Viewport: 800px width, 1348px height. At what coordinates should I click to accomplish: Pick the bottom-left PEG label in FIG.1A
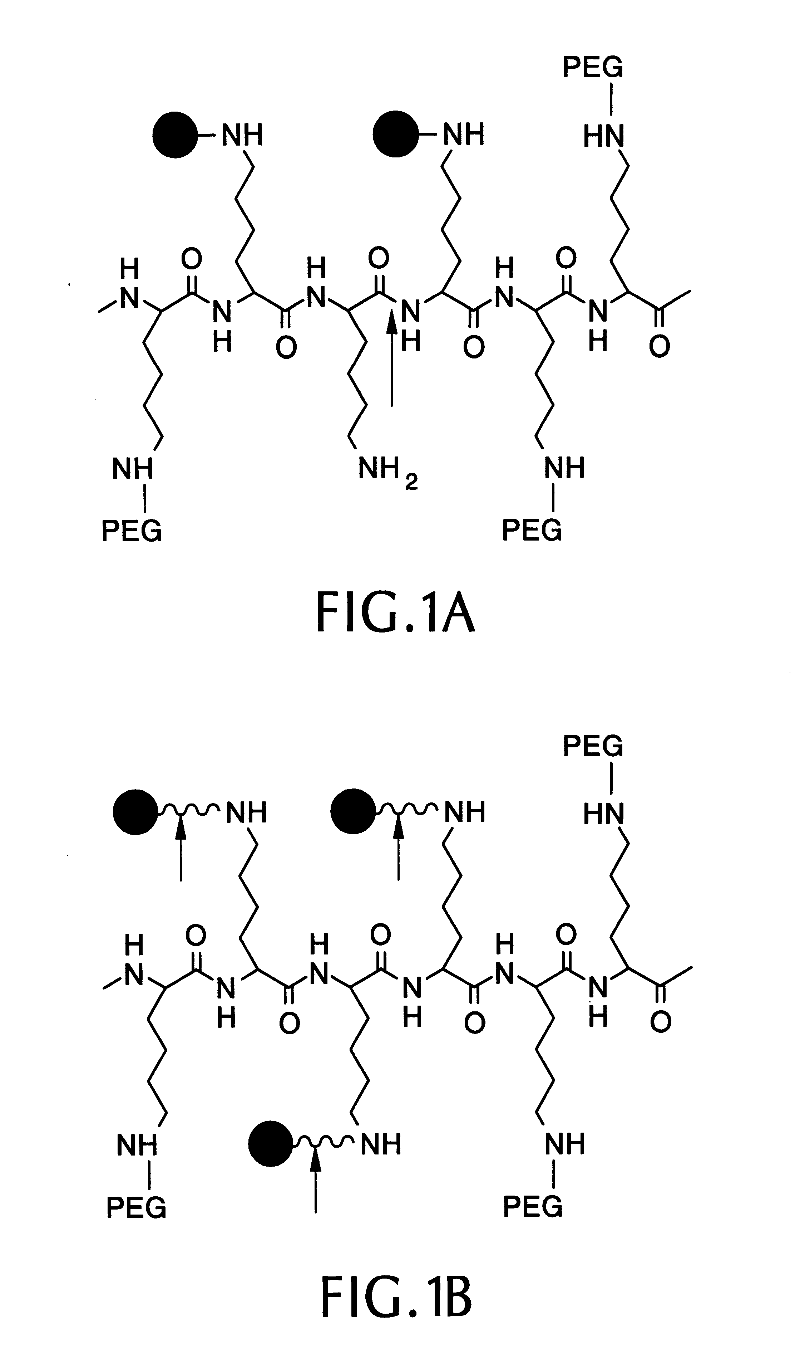click(x=132, y=531)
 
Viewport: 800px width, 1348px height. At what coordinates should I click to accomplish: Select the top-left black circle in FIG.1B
click(x=136, y=812)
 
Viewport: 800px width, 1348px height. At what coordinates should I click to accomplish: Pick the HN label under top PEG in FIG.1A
click(x=604, y=136)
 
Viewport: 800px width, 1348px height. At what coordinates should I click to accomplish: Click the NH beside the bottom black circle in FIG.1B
click(x=381, y=1145)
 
